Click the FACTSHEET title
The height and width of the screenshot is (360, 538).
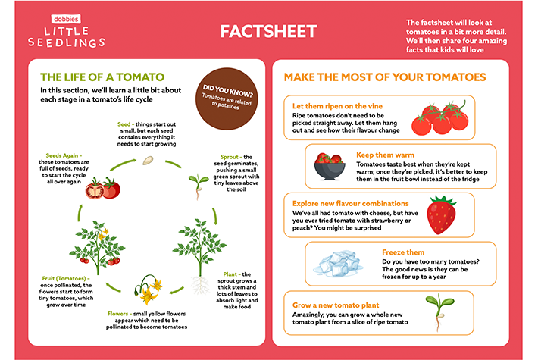click(x=268, y=32)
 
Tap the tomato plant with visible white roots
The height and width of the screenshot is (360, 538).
click(x=199, y=253)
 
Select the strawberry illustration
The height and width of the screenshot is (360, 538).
click(x=441, y=214)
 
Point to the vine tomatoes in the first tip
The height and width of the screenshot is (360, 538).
click(x=440, y=119)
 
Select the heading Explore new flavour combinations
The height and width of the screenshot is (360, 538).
click(x=350, y=203)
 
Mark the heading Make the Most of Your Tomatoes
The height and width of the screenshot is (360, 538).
click(x=384, y=77)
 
